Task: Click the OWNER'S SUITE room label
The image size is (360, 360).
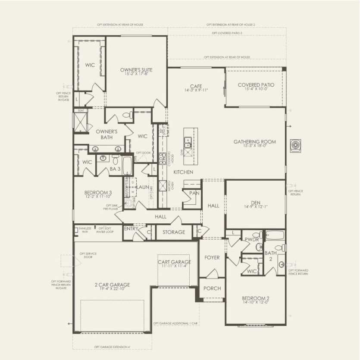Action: coord(136,72)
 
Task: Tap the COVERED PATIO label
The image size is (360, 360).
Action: coord(256,87)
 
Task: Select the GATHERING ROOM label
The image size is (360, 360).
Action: coord(254,144)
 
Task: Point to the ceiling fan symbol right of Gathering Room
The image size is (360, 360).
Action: coord(296,144)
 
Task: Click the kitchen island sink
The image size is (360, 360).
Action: coord(188,141)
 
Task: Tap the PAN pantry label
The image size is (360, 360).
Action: coord(194,193)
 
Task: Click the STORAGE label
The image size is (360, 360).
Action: coord(174,232)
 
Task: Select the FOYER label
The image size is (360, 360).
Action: coord(212,257)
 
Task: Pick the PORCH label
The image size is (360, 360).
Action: coord(212,288)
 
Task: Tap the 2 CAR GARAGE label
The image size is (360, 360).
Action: coord(112,287)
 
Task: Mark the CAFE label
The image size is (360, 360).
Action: coord(196,88)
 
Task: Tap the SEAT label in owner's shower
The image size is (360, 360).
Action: coord(81,110)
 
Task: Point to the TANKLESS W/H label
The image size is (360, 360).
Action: coord(84,230)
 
